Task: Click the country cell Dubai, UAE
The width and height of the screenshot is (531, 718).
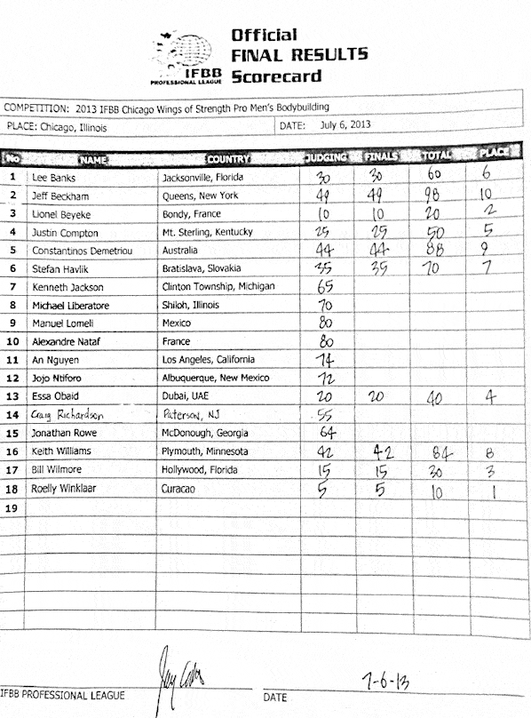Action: click(186, 395)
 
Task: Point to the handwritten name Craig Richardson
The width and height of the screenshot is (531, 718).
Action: click(67, 413)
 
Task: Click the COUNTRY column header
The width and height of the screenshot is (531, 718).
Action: click(228, 159)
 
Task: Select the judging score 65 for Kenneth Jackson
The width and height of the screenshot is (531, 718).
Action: click(324, 285)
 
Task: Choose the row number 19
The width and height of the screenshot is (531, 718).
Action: click(12, 508)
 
